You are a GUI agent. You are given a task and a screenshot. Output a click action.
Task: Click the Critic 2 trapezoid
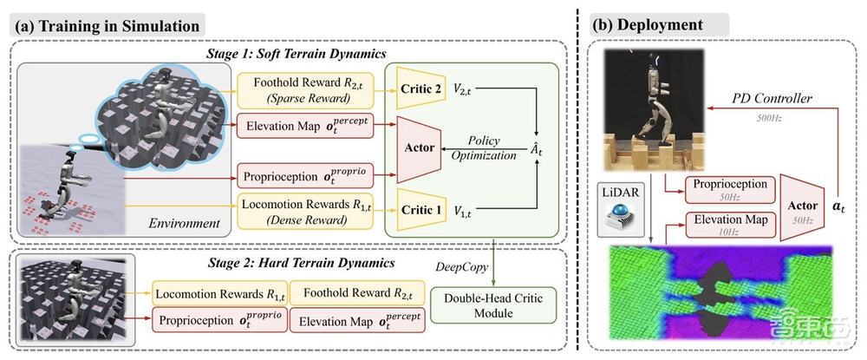pos(419,90)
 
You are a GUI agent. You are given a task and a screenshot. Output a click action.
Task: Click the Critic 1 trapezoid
pos(419,209)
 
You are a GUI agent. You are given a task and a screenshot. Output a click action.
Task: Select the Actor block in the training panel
pos(420,150)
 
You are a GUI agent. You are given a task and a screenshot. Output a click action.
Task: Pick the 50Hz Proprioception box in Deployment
pos(729,189)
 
